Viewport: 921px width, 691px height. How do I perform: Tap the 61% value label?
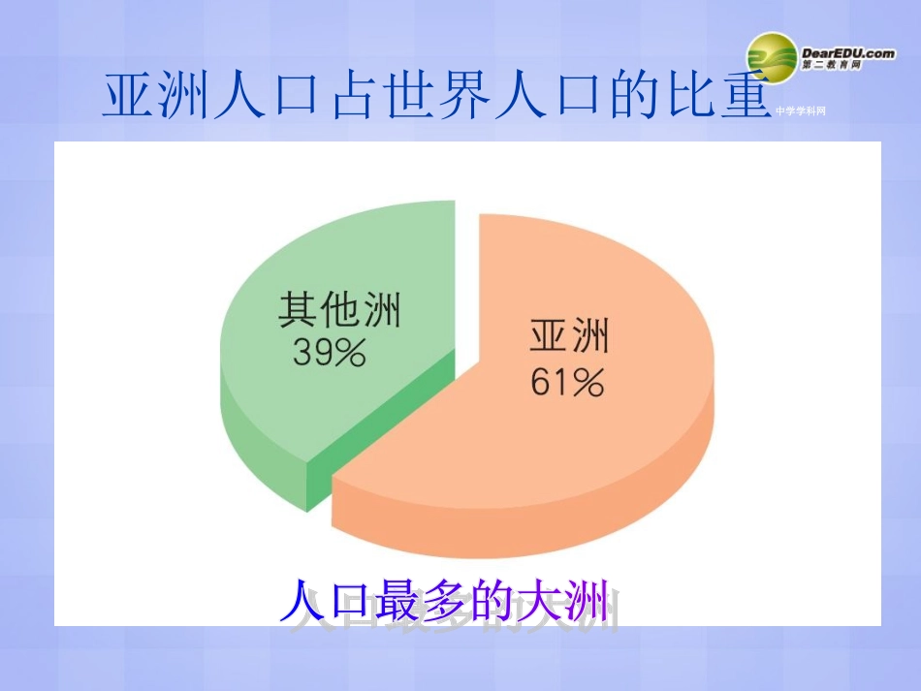tap(568, 383)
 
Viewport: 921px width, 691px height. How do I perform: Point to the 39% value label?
tap(329, 354)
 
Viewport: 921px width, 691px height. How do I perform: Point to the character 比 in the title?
tap(692, 97)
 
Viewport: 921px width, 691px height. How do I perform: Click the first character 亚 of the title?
tap(127, 97)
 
